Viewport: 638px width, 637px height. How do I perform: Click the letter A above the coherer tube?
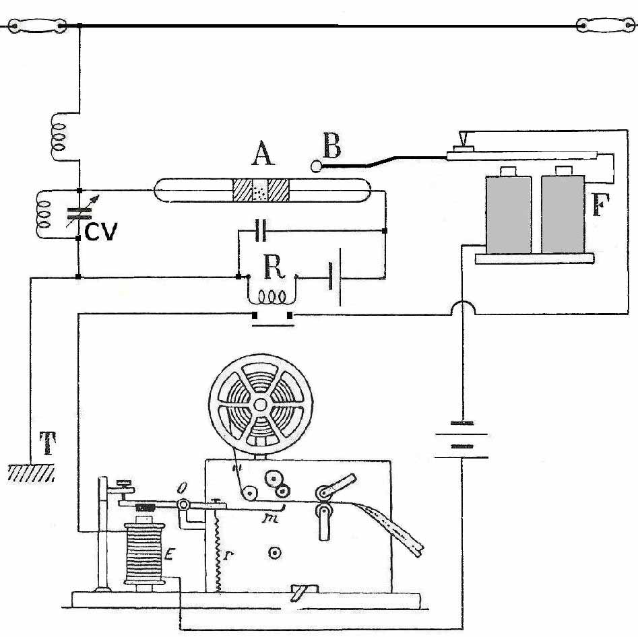262,156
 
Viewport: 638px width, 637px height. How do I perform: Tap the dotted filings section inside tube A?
260,191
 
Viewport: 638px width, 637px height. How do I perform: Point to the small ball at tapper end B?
317,165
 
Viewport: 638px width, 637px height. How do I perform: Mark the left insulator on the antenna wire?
35,26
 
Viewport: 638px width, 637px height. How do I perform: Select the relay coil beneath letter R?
271,296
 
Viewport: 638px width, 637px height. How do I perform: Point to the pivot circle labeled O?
182,506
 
